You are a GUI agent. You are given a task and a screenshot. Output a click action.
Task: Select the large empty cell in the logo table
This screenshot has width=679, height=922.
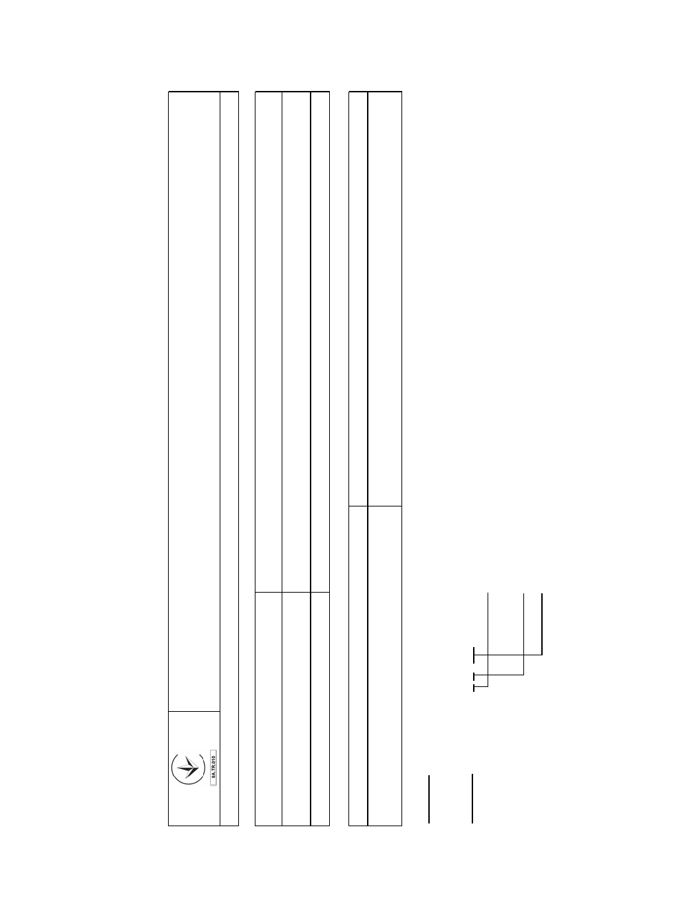[x=194, y=402]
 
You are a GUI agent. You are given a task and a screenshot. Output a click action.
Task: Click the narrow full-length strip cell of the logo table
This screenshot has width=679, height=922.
[x=229, y=459]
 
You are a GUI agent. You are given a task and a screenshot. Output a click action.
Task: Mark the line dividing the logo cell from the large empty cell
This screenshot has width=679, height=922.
[x=194, y=711]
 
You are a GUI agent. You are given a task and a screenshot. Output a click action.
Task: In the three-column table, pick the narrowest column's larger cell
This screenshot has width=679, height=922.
[x=320, y=342]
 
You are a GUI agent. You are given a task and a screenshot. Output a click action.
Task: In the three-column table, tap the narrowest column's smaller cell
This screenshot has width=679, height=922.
[x=320, y=709]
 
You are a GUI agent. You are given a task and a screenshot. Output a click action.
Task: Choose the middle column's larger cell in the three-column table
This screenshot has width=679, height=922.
[x=296, y=342]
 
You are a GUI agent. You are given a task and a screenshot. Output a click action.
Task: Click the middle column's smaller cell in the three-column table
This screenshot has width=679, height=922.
[x=296, y=709]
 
